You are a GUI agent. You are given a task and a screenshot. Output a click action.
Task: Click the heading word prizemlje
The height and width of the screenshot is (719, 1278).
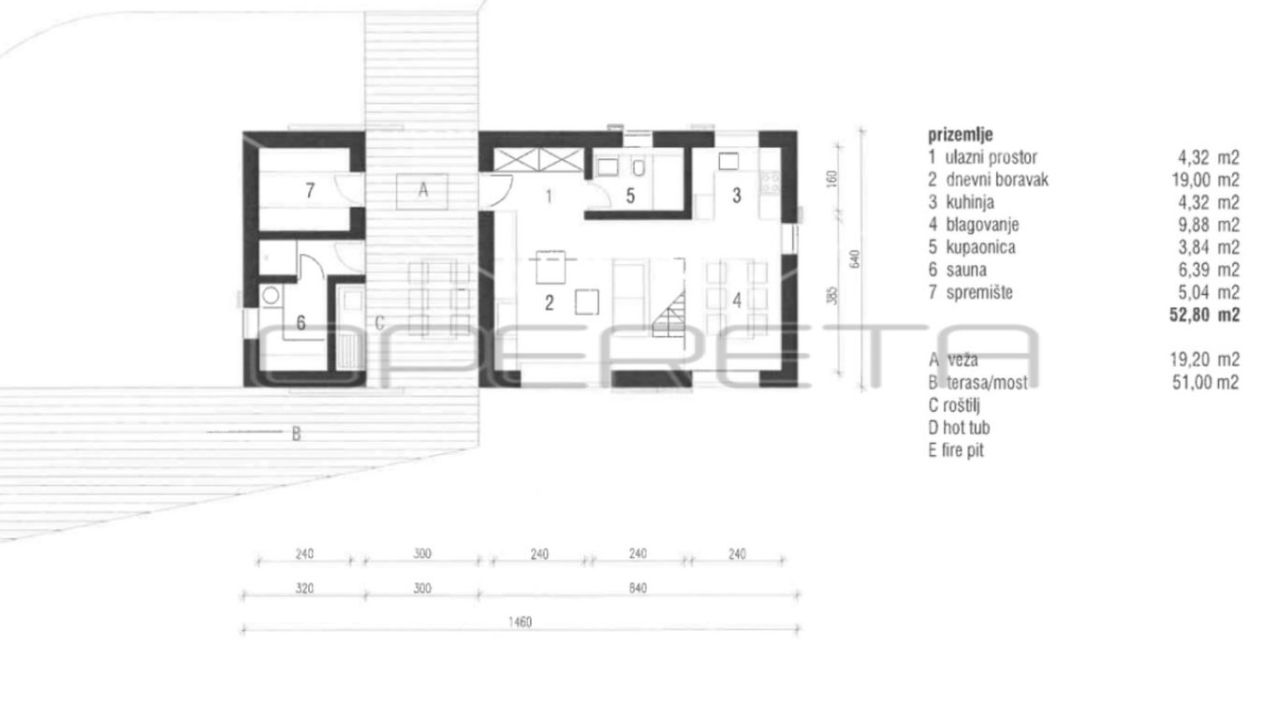961,135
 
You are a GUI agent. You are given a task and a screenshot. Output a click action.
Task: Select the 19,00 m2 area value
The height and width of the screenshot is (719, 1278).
1206,180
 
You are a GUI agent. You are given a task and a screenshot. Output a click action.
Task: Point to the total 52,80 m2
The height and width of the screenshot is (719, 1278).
1204,315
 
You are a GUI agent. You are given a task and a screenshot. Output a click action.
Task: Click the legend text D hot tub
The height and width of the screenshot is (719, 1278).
959,428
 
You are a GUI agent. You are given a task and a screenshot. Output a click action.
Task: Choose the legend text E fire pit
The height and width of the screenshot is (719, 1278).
956,450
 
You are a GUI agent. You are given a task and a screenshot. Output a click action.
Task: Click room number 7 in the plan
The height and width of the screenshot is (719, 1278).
310,190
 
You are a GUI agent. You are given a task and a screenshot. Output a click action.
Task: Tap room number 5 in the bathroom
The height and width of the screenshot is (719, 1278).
630,196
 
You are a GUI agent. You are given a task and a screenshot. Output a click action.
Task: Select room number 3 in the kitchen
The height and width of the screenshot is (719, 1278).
737,195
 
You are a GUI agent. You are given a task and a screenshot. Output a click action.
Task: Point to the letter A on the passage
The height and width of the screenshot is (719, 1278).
423,189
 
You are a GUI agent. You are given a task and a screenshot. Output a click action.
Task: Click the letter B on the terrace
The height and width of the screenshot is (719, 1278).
296,434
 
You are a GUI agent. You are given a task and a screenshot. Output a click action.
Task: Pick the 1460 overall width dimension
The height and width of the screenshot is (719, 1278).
520,622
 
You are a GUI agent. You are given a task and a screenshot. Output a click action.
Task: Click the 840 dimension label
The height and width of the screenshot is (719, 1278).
638,588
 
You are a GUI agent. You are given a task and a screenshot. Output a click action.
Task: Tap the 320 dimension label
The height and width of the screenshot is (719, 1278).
304,588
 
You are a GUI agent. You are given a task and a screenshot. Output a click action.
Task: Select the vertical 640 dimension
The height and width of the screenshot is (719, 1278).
854,259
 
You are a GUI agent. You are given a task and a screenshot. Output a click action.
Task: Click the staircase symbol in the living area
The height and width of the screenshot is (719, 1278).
668,314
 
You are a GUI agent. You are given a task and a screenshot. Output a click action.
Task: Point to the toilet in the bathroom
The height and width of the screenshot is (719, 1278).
639,168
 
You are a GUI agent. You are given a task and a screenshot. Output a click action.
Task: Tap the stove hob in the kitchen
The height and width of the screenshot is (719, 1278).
771,182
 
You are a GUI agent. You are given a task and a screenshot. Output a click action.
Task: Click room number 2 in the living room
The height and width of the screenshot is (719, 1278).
549,303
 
